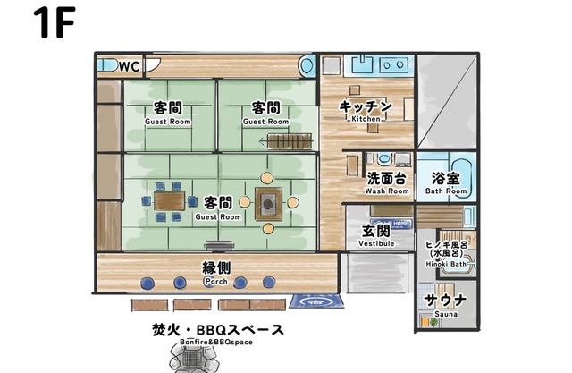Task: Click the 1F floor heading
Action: click(x=55, y=22)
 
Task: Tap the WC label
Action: click(x=130, y=67)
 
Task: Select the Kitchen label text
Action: click(x=366, y=119)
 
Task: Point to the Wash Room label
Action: click(x=387, y=191)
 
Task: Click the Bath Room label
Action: click(x=446, y=191)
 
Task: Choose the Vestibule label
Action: click(x=376, y=243)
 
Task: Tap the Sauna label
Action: click(x=446, y=314)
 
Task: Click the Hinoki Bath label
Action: click(x=446, y=264)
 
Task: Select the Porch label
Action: click(x=216, y=282)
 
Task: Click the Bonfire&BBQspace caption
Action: click(x=216, y=343)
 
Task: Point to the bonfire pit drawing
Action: click(x=194, y=359)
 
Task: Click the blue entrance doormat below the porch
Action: click(x=316, y=301)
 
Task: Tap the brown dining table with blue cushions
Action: click(x=169, y=201)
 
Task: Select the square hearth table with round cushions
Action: click(x=268, y=204)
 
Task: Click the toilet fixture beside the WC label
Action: click(x=106, y=66)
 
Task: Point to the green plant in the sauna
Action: click(x=433, y=322)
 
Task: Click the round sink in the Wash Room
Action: click(x=383, y=159)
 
